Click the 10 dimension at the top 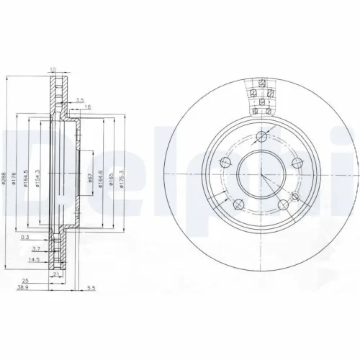(53, 69)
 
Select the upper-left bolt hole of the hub (225, 161)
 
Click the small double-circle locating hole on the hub (295, 195)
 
